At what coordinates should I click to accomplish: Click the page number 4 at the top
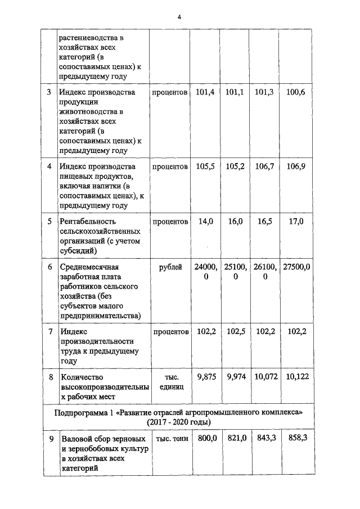click(x=179, y=17)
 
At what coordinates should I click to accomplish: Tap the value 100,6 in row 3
click(x=296, y=92)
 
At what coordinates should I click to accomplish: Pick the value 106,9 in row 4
click(x=296, y=167)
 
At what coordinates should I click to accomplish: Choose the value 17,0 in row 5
click(x=296, y=222)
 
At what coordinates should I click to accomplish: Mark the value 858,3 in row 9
click(x=296, y=439)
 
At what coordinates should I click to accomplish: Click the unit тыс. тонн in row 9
click(x=170, y=439)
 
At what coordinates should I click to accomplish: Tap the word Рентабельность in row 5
click(x=89, y=222)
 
